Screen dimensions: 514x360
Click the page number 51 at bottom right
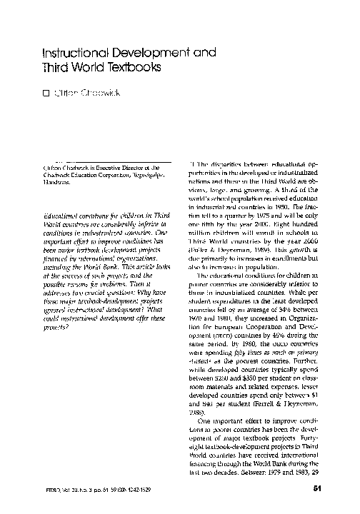tap(319, 489)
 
